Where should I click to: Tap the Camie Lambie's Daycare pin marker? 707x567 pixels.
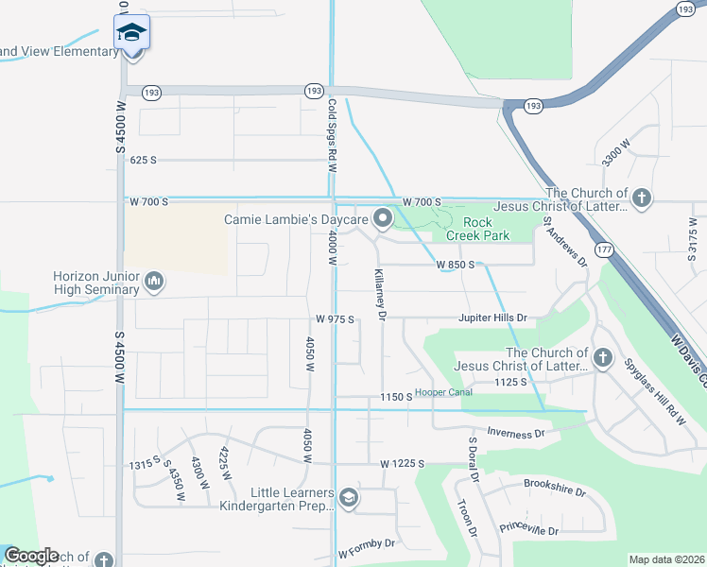pyautogui.click(x=383, y=219)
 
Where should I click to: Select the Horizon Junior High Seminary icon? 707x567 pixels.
pyautogui.click(x=154, y=282)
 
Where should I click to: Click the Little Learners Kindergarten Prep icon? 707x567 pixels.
pyautogui.click(x=349, y=498)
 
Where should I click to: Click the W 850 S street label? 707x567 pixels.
pyautogui.click(x=455, y=266)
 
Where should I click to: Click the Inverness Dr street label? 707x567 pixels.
pyautogui.click(x=516, y=433)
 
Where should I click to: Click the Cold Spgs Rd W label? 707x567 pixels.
pyautogui.click(x=333, y=136)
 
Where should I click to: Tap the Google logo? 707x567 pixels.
pyautogui.click(x=31, y=556)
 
